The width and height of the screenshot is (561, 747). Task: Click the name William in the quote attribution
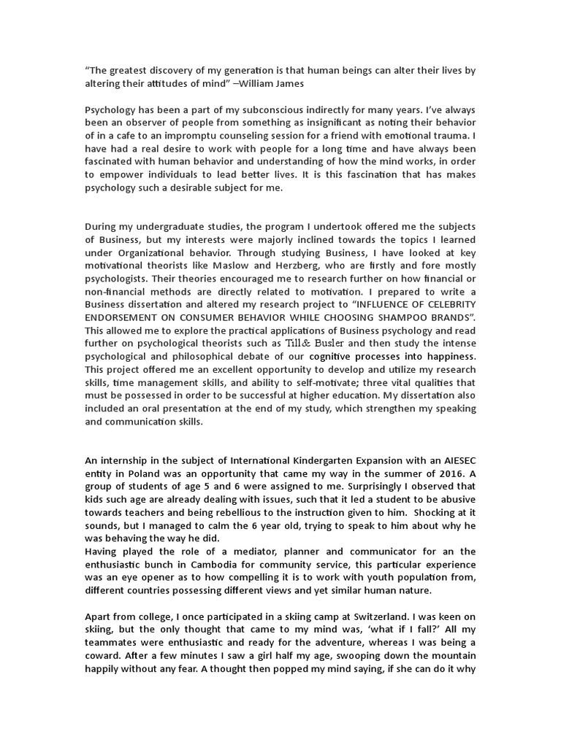click(x=256, y=83)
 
